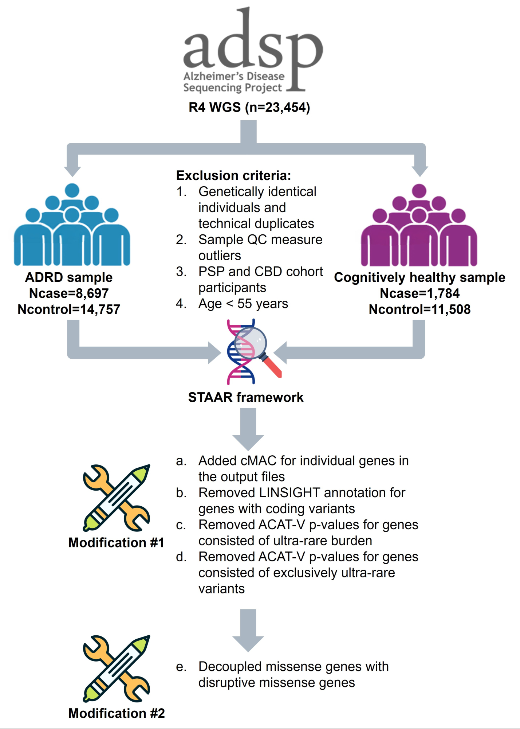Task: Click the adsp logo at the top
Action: [253, 51]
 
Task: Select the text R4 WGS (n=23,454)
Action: [249, 108]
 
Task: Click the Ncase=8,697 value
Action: [69, 293]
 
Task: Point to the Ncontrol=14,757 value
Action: [69, 309]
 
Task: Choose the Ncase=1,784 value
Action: [419, 293]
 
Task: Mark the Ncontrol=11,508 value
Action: [419, 309]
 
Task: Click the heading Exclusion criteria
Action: [233, 176]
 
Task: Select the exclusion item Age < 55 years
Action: [243, 304]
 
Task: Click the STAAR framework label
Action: [246, 397]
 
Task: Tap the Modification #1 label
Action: [116, 543]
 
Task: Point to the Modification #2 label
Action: [117, 713]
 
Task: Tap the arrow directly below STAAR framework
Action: [248, 429]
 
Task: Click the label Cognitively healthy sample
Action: [419, 277]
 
